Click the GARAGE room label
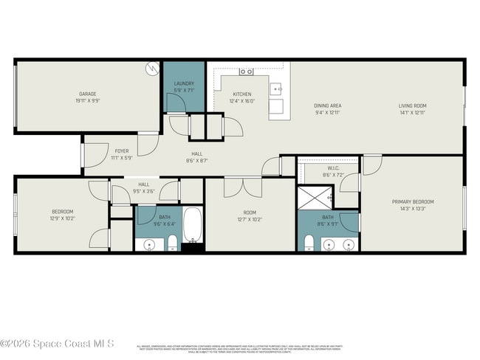[x=89, y=94]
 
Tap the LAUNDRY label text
[x=184, y=83]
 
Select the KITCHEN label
[x=242, y=94]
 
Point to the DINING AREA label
[x=328, y=105]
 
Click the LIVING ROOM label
[x=414, y=105]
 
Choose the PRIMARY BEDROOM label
[x=413, y=201]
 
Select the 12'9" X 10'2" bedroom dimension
[x=63, y=218]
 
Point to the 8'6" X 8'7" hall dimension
[x=197, y=160]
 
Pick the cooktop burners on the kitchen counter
[x=247, y=72]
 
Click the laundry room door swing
[x=176, y=105]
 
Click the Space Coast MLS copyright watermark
[x=57, y=343]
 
